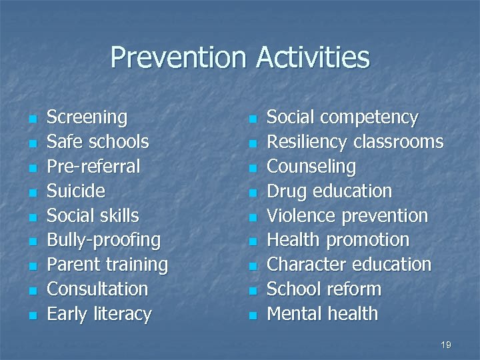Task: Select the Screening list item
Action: (x=87, y=117)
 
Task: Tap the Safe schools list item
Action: (x=97, y=142)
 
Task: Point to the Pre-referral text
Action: (x=93, y=166)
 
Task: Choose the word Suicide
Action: (x=76, y=191)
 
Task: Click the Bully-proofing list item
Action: (x=103, y=240)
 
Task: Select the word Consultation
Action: (x=97, y=289)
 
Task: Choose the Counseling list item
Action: (x=311, y=166)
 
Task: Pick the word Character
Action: (x=304, y=265)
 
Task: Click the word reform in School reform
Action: (x=357, y=289)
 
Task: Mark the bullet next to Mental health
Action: (x=251, y=315)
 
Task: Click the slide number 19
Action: (x=446, y=345)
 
